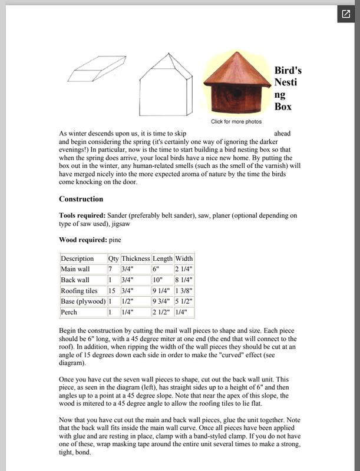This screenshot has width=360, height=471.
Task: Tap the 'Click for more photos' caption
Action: pos(236,122)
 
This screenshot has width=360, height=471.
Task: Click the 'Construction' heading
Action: pos(81,199)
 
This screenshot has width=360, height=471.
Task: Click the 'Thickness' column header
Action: pos(136,258)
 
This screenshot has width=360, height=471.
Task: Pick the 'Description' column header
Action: pos(77,258)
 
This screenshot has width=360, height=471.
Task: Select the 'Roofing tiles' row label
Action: pos(80,291)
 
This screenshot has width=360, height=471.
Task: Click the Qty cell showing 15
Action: pos(112,291)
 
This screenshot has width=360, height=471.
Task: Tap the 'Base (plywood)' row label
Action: pos(82,301)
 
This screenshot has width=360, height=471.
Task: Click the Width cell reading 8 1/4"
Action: pos(184,280)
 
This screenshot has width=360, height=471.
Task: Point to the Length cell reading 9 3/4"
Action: pos(162,301)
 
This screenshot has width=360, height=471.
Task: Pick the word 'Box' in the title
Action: pos(283,107)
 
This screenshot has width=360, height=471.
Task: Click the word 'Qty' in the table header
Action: pos(113,258)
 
